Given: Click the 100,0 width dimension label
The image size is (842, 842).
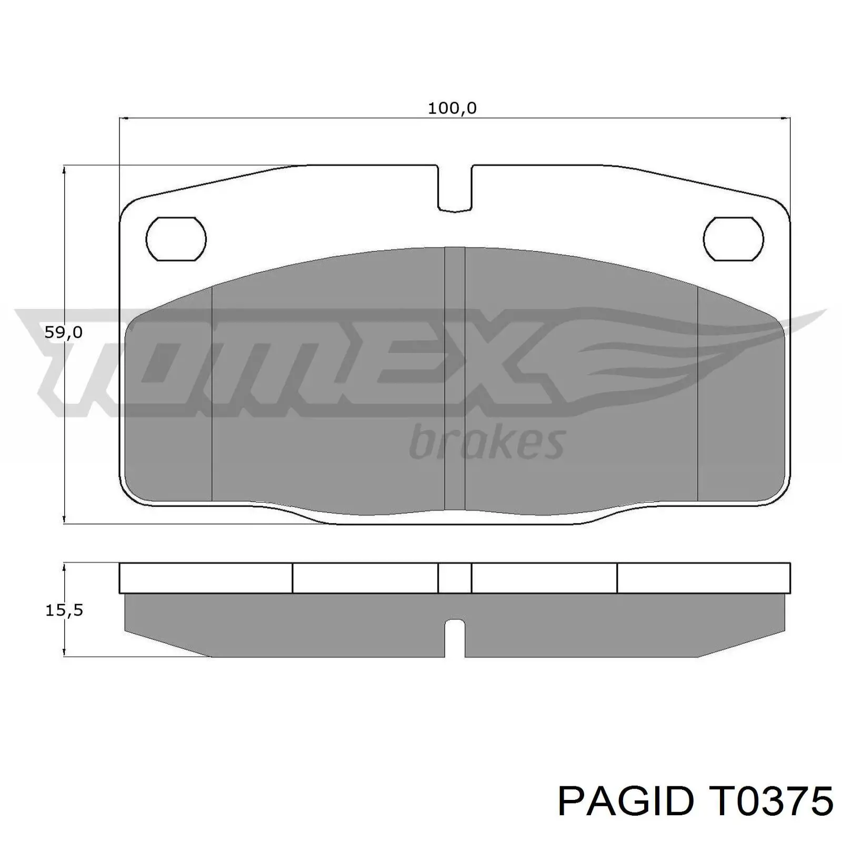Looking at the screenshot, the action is pyautogui.click(x=452, y=108).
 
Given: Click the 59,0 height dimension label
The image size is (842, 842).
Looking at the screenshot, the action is pyautogui.click(x=63, y=332).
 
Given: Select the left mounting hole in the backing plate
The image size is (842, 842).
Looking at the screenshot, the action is pyautogui.click(x=176, y=239).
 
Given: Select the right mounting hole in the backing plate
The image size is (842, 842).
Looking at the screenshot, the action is pyautogui.click(x=733, y=239).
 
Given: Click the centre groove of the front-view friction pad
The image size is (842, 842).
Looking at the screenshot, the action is pyautogui.click(x=455, y=379).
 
